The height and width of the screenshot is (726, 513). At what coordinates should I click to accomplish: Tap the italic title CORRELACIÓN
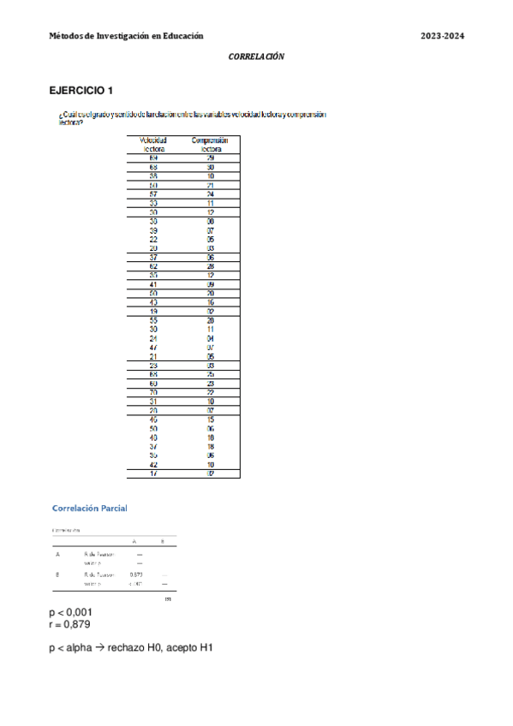[x=256, y=57]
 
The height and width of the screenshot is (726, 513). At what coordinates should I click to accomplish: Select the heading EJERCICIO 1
[x=81, y=90]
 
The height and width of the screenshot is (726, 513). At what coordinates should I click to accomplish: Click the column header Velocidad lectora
[x=153, y=145]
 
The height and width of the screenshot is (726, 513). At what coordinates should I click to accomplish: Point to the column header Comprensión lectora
[x=210, y=145]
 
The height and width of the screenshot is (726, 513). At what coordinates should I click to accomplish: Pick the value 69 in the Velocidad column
[x=153, y=158]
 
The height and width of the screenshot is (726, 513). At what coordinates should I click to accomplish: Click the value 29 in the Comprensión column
[x=210, y=158]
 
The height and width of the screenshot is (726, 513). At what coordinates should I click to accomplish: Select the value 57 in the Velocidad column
[x=153, y=194]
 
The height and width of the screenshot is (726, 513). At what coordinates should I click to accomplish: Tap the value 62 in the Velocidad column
[x=153, y=266]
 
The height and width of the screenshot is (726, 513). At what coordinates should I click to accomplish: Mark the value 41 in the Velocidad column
[x=153, y=284]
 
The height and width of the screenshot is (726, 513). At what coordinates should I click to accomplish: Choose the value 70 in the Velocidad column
[x=153, y=392]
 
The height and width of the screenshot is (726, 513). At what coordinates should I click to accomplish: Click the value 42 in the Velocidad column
[x=153, y=464]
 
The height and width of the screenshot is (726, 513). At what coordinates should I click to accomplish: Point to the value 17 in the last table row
[x=153, y=473]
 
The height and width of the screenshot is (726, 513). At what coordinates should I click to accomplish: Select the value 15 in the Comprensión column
[x=210, y=420]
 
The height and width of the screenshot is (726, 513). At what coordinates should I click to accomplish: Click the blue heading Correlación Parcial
[x=90, y=509]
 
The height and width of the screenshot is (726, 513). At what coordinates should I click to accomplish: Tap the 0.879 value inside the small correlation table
[x=135, y=575]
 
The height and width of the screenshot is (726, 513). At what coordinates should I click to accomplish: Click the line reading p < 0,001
[x=71, y=613]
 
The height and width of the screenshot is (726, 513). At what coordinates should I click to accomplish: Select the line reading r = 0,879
[x=69, y=624]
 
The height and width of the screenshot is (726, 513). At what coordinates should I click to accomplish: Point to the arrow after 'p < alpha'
[x=99, y=648]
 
